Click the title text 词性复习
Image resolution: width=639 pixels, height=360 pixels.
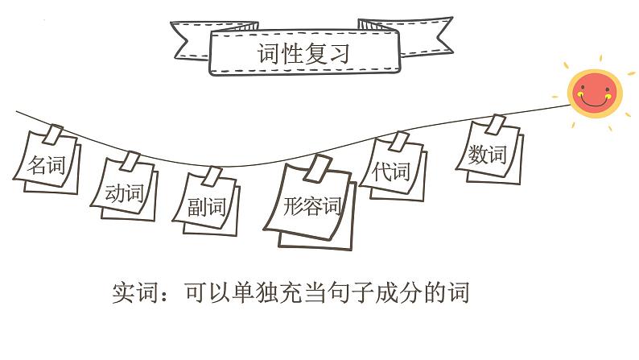pyautogui.click(x=303, y=54)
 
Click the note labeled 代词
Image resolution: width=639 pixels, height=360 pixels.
pyautogui.click(x=392, y=171)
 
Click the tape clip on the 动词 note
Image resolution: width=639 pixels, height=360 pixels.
pyautogui.click(x=130, y=162)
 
